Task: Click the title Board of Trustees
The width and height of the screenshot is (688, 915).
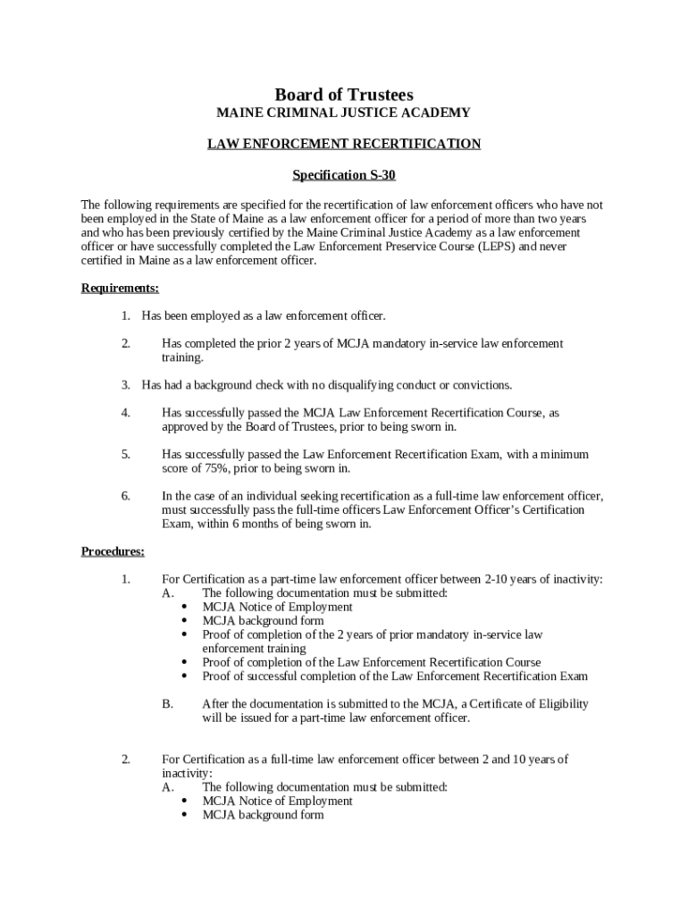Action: tap(344, 95)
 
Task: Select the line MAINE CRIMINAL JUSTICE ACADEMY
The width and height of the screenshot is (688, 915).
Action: tap(344, 113)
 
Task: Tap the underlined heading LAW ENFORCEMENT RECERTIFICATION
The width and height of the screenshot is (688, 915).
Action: tap(344, 144)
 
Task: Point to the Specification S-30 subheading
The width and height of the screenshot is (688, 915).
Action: tap(344, 175)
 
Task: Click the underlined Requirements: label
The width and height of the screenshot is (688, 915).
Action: tap(120, 288)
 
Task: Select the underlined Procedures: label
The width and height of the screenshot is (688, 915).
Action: tap(113, 551)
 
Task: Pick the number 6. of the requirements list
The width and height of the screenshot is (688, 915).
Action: tap(126, 496)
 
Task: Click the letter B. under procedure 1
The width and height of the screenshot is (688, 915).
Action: tap(167, 704)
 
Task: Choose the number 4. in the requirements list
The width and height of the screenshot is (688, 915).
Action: tap(126, 413)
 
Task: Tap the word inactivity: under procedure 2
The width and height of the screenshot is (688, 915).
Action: tap(187, 774)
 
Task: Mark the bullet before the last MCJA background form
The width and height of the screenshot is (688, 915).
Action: tap(184, 815)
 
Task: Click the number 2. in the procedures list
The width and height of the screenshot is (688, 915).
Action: tap(126, 760)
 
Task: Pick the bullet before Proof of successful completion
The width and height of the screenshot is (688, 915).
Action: tap(184, 676)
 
